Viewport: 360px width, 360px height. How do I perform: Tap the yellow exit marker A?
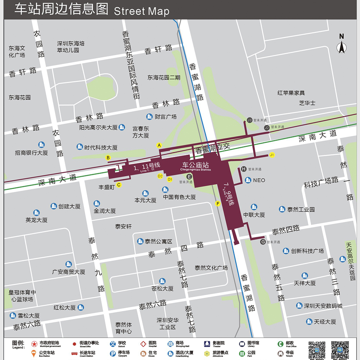159,145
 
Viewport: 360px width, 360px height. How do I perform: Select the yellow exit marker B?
108,157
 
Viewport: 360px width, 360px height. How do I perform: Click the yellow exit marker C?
119,185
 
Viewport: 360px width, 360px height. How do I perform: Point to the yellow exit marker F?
217,204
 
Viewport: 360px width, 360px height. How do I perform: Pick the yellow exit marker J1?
272,155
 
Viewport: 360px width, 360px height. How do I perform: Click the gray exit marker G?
263,242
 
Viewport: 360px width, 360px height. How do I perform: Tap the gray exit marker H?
244,169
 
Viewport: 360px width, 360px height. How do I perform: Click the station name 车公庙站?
195,165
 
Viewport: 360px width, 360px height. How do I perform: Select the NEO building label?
259,180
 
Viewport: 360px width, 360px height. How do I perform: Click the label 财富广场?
166,117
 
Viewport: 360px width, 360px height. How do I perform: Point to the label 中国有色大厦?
179,197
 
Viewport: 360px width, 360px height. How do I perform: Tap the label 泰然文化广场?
211,268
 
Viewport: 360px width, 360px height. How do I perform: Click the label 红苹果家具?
291,93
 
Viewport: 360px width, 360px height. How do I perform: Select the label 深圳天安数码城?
323,306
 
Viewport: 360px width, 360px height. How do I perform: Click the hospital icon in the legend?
143,344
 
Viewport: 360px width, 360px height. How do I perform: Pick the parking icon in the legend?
113,354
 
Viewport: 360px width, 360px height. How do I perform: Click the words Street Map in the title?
141,11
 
